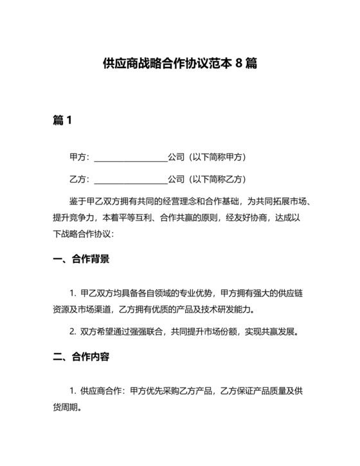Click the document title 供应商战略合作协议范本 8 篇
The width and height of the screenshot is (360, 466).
point(180,65)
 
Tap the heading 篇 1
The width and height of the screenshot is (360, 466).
point(62,120)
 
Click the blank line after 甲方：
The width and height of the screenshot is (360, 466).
point(130,157)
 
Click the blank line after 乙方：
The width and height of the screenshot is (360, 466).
point(130,179)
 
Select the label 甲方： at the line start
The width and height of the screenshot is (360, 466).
point(80,157)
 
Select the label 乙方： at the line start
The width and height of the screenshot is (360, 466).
point(80,179)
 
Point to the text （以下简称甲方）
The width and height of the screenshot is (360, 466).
point(217,157)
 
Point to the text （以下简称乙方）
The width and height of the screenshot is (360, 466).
point(217,179)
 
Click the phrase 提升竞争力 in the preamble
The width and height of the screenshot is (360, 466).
point(75,217)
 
